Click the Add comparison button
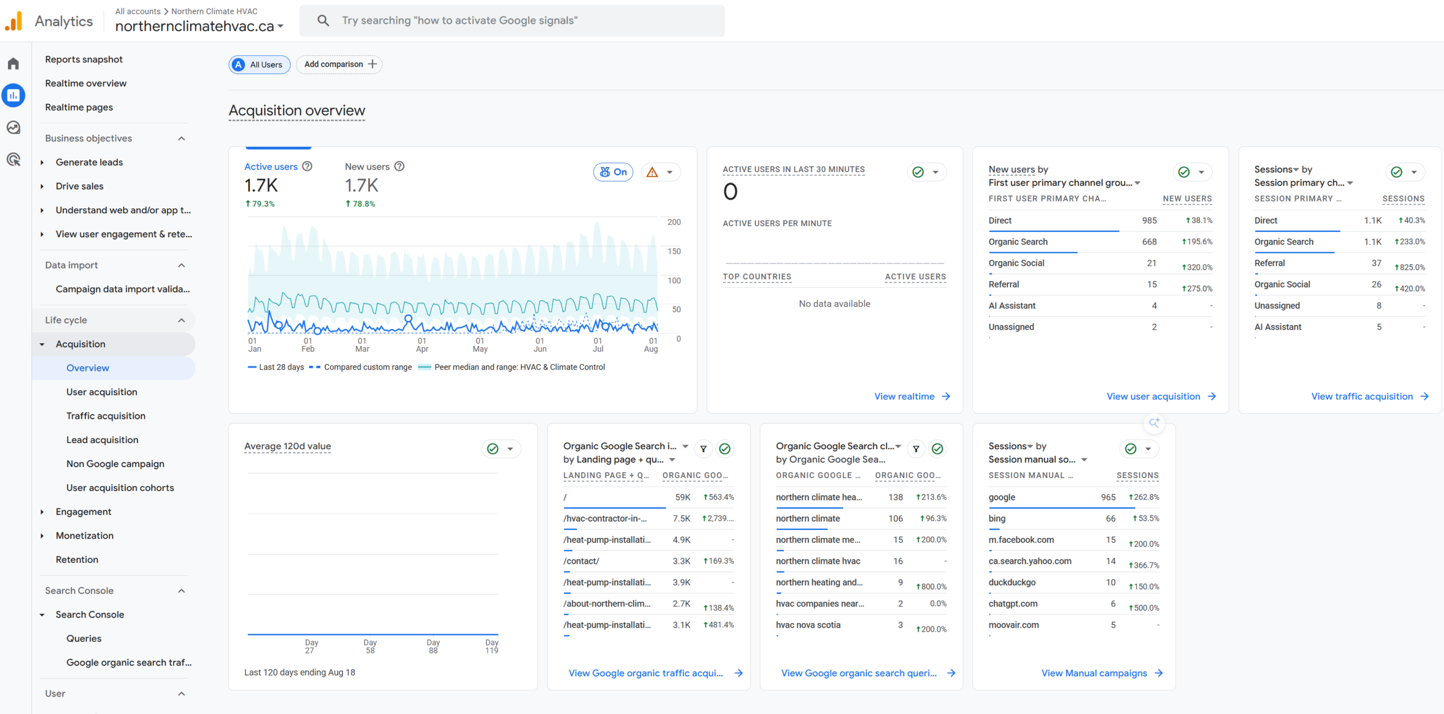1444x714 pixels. tap(339, 64)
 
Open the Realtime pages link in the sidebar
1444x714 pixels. tap(79, 107)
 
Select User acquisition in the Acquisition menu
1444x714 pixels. tap(102, 392)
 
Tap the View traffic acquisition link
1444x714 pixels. tap(1370, 396)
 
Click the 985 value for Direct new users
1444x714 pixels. tap(1149, 221)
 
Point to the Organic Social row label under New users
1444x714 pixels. tap(1016, 263)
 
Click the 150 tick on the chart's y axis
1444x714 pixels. tap(674, 251)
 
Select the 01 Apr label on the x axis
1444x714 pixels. tap(422, 345)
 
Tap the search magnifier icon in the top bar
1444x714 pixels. tap(323, 21)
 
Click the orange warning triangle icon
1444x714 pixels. tap(652, 172)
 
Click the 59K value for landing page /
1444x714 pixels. tap(683, 497)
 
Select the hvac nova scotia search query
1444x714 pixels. tap(808, 625)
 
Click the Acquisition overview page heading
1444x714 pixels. tap(297, 111)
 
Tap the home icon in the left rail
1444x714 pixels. tap(14, 64)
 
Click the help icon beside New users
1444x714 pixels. tap(399, 167)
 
